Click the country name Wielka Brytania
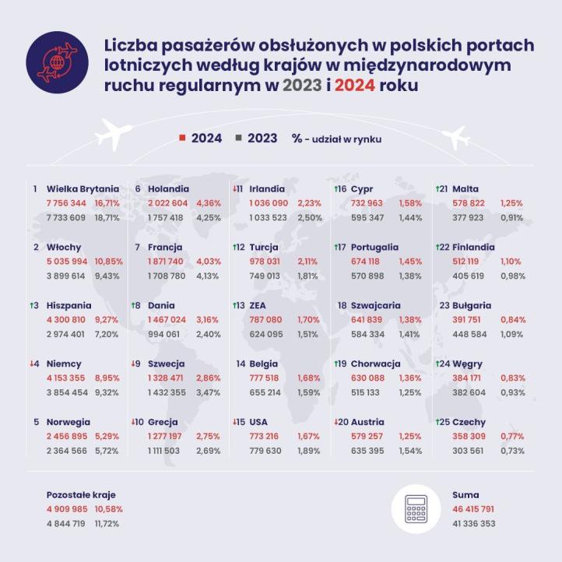point(83,188)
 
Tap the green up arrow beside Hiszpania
point(36,306)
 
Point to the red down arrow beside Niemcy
point(36,364)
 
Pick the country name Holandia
point(167,188)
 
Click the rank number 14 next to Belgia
point(240,364)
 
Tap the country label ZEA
point(259,305)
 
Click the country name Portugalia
point(374,247)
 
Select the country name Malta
point(465,188)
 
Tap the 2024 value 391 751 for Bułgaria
point(472,319)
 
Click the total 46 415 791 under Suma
point(474,508)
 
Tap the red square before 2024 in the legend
point(181,138)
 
